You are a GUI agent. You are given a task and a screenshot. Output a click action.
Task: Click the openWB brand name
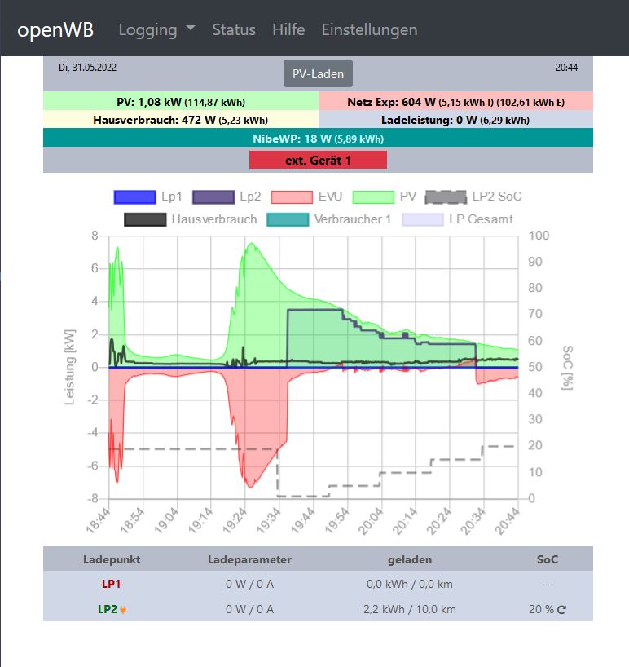(x=55, y=30)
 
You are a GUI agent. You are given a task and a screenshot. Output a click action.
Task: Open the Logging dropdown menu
(x=156, y=30)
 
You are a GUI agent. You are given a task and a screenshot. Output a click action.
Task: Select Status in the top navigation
(x=234, y=30)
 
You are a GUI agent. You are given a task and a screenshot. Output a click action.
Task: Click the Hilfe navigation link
(x=288, y=30)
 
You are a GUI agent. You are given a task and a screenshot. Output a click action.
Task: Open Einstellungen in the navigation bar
(x=369, y=30)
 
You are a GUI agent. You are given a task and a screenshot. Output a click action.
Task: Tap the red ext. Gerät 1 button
(x=318, y=160)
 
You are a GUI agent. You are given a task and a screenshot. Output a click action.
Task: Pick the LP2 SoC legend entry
(x=474, y=197)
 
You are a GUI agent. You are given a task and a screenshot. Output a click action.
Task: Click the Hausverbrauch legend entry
(x=191, y=219)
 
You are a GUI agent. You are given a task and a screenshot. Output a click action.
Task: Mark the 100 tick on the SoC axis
(x=539, y=236)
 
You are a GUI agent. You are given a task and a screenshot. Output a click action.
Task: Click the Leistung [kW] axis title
(x=70, y=367)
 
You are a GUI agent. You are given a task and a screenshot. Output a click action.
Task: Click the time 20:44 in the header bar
(x=566, y=67)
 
